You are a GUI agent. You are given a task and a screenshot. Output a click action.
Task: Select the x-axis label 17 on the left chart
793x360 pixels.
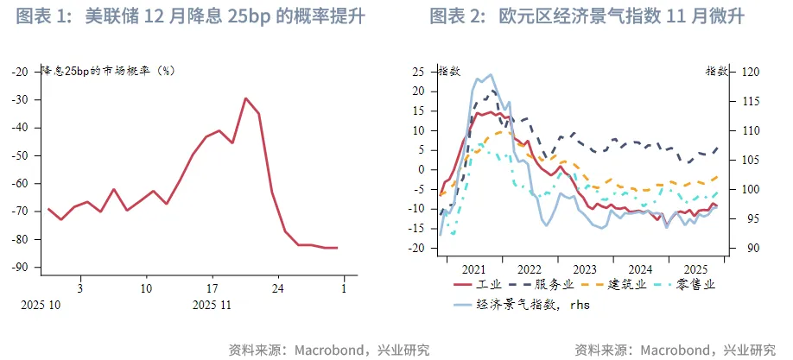212,287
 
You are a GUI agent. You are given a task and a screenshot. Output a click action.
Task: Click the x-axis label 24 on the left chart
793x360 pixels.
278,287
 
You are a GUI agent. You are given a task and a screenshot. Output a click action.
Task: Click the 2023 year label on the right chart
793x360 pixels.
585,268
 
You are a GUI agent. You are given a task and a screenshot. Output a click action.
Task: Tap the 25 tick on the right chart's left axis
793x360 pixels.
423,72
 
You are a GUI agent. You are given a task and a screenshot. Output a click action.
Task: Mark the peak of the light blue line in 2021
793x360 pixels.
490,74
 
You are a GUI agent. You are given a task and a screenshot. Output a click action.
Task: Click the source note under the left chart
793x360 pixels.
328,350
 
